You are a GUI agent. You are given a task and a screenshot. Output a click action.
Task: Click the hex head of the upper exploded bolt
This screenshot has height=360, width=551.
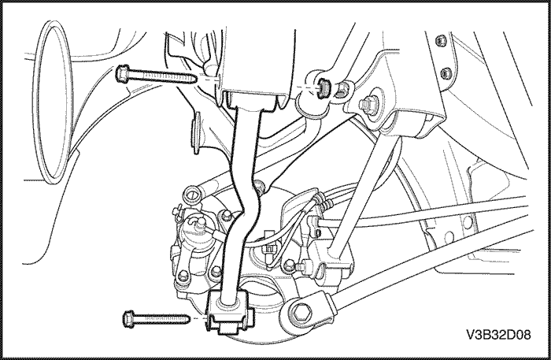point(122,74)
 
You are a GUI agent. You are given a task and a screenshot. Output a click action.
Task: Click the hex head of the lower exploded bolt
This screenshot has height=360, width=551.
point(128,319)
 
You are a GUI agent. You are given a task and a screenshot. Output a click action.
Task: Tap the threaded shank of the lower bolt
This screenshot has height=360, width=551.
point(162,319)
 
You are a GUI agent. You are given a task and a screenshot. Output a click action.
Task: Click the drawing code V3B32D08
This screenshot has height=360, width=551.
point(498,335)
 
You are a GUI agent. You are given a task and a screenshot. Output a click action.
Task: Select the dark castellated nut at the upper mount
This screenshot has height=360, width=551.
point(324,87)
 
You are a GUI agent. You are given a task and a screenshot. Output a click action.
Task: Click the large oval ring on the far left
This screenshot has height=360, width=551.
point(53,102)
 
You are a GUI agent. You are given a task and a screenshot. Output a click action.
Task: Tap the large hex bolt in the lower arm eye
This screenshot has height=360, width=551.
point(301,312)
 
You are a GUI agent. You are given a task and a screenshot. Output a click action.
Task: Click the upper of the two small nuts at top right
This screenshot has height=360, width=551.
point(440,41)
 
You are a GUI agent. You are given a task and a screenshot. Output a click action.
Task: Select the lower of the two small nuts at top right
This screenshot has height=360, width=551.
point(446,72)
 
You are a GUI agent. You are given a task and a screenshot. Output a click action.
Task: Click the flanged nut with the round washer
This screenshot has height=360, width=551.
point(368,104)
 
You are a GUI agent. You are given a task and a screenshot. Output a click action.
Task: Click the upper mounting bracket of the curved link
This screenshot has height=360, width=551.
point(253,100)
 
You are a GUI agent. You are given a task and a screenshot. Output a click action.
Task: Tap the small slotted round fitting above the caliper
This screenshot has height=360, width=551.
point(194,193)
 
